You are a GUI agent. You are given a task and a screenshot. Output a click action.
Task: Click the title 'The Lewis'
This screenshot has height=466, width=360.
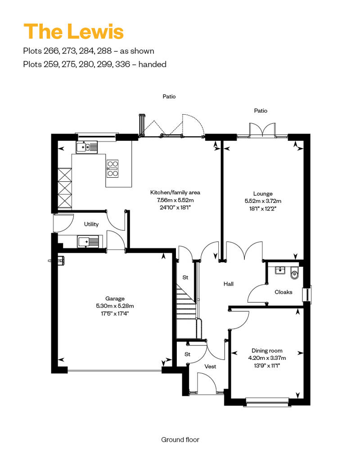73,31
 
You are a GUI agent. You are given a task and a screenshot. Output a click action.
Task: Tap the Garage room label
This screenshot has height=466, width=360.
115,298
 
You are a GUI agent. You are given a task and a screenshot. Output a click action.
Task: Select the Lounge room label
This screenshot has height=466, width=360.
263,193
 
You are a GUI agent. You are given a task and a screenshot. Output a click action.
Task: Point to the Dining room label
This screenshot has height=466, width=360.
267,351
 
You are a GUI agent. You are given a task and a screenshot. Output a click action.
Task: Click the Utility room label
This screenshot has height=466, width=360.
91,224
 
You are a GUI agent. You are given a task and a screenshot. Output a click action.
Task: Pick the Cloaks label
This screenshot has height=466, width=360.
283,292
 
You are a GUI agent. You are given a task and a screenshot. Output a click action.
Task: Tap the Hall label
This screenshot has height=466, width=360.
228,284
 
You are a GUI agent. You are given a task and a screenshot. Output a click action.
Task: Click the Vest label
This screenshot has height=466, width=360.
210,367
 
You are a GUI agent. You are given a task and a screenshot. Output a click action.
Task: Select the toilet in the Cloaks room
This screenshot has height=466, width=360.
294,273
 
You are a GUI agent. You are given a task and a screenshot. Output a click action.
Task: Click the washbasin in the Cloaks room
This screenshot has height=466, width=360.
280,270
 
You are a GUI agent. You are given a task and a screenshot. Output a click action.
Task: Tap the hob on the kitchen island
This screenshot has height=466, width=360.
112,169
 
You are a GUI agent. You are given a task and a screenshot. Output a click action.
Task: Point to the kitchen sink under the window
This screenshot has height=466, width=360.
87,147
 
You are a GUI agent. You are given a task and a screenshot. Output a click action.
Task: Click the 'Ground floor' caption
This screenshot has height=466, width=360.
180,439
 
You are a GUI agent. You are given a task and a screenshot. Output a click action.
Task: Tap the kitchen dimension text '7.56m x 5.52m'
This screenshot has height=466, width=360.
175,200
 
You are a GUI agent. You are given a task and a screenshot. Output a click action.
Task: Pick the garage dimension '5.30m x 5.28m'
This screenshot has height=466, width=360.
115,306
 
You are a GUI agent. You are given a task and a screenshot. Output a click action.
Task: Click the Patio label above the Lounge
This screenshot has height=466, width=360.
261,111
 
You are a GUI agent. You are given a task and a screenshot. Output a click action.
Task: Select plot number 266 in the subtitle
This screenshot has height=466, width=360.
52,51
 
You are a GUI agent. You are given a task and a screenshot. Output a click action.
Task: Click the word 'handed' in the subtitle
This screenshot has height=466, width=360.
152,64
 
